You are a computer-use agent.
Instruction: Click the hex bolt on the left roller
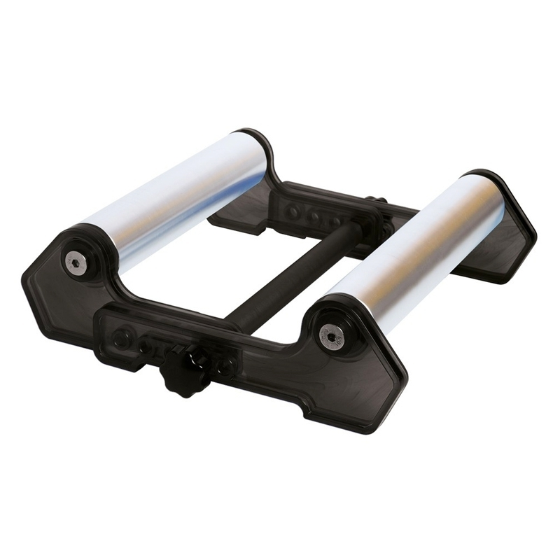click(76, 262)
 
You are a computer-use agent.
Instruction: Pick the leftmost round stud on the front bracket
click(121, 339)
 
